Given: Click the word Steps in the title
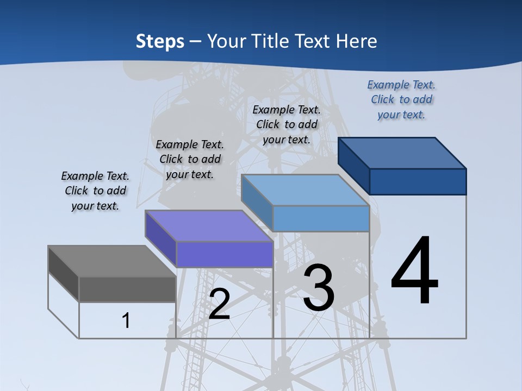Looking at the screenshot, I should pyautogui.click(x=160, y=41).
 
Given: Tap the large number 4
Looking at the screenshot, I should pyautogui.click(x=414, y=272).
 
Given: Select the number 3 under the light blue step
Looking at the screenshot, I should pyautogui.click(x=319, y=288).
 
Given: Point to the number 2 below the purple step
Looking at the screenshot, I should pyautogui.click(x=219, y=305).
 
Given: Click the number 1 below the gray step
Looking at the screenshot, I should pyautogui.click(x=126, y=320).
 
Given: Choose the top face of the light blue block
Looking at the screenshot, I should pyautogui.click(x=305, y=190).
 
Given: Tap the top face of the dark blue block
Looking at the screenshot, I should pyautogui.click(x=402, y=153).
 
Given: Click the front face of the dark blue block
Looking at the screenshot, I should pyautogui.click(x=418, y=181).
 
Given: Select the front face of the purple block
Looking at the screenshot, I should pyautogui.click(x=225, y=254).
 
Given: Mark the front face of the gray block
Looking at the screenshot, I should pyautogui.click(x=127, y=289).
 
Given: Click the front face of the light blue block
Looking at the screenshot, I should pyautogui.click(x=321, y=218).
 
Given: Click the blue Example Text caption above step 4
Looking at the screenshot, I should pyautogui.click(x=401, y=100).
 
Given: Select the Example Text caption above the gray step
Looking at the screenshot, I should pyautogui.click(x=95, y=191).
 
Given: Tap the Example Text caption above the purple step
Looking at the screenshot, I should pyautogui.click(x=190, y=160).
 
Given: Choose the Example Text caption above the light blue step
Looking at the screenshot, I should pyautogui.click(x=287, y=124).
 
